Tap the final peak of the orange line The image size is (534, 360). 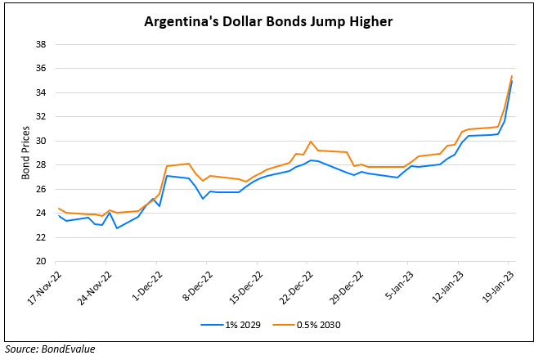coord(512,76)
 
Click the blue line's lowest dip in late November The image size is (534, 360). coord(117,227)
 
